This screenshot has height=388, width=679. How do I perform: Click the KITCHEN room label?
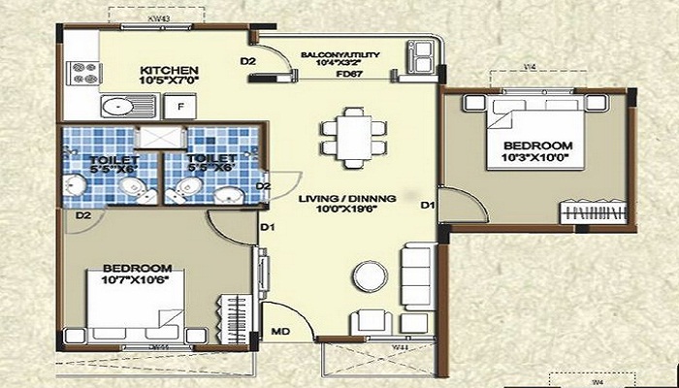tap(170, 71)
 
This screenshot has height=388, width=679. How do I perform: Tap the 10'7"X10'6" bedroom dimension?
tap(138, 281)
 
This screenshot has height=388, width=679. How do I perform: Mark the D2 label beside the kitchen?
tap(248, 62)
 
